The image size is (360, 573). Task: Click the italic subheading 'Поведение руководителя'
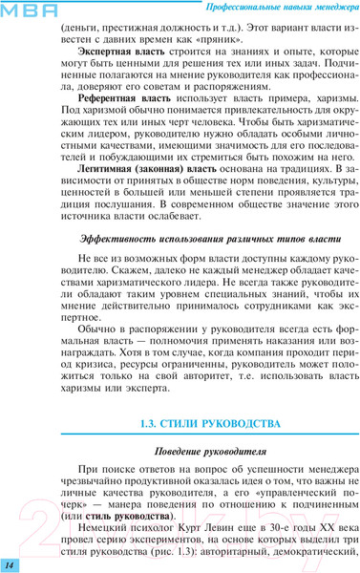[198, 450]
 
